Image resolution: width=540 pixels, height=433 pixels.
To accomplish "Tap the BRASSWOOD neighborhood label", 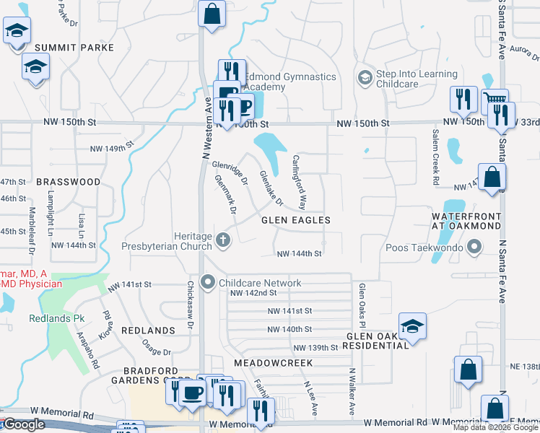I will [x=68, y=183].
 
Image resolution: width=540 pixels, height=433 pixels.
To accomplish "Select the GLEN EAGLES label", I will [x=295, y=220].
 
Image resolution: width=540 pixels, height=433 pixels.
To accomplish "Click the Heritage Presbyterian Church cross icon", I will [x=224, y=240].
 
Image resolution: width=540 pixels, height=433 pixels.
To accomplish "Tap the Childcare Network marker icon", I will [x=209, y=282].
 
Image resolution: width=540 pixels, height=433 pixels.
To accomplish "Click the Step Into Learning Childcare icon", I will [x=365, y=77].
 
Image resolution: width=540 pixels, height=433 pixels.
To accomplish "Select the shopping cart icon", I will [x=495, y=100].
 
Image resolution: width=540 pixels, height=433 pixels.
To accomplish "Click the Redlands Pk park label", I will [x=57, y=318].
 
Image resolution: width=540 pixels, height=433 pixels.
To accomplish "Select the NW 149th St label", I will [x=112, y=149].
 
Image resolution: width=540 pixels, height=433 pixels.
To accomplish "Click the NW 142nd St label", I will [x=253, y=293].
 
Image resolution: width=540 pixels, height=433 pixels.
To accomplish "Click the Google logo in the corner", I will [x=24, y=424].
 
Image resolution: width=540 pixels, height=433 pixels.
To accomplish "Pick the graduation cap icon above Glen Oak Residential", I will [x=412, y=325].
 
